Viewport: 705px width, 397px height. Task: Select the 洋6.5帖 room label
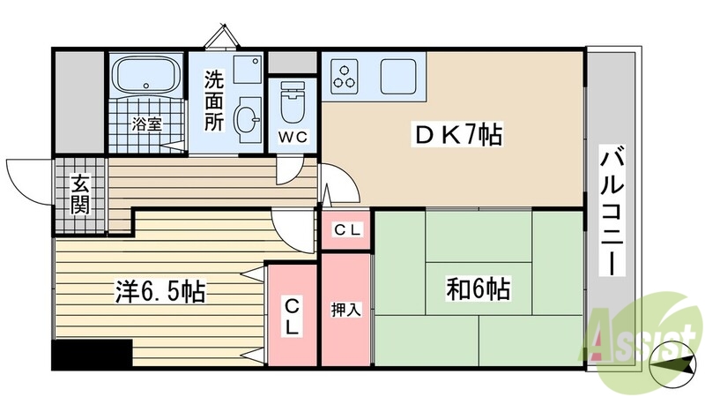point(161,291)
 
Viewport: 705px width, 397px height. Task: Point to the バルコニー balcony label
point(613,213)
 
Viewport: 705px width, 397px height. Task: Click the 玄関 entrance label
point(80,197)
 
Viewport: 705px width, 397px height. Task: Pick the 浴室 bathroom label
point(147,124)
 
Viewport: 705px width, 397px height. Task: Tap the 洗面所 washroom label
point(215,101)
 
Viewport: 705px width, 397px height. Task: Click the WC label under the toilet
point(292,138)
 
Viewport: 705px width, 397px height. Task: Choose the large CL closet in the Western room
point(292,314)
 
